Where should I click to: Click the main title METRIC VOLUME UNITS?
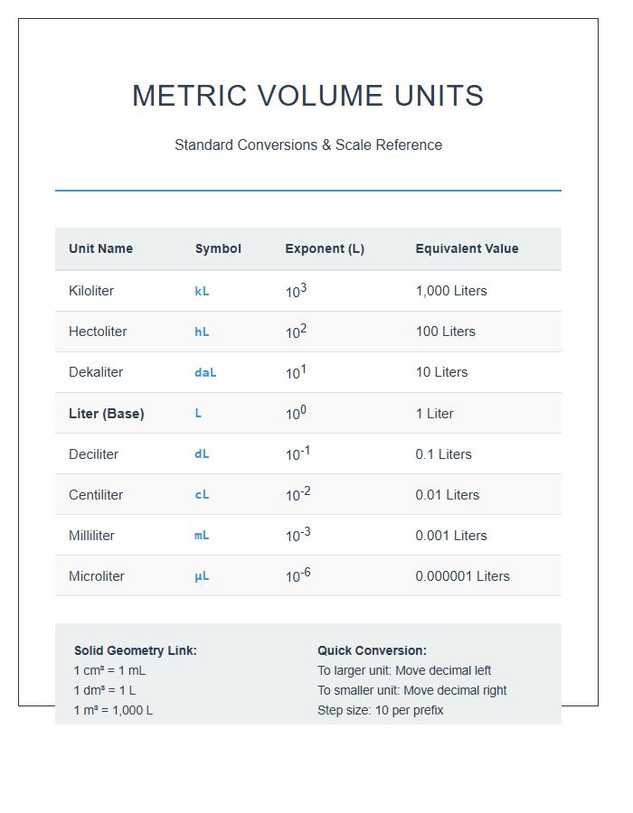pyautogui.click(x=307, y=96)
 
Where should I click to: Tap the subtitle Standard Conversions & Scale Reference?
pyautogui.click(x=307, y=145)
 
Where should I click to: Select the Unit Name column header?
pyautogui.click(x=100, y=248)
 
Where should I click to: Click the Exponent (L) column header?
pyautogui.click(x=325, y=248)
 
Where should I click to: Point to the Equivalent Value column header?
pyautogui.click(x=467, y=248)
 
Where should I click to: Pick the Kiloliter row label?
pyautogui.click(x=91, y=291)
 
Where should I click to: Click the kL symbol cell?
pyautogui.click(x=202, y=292)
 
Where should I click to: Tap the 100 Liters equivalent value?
pyautogui.click(x=445, y=332)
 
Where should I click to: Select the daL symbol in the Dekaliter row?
pyautogui.click(x=205, y=373)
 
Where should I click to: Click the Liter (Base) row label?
pyautogui.click(x=106, y=414)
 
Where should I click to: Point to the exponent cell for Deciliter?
pyautogui.click(x=298, y=453)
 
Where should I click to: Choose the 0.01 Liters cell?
pyautogui.click(x=447, y=495)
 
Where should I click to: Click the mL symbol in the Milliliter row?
pyautogui.click(x=202, y=536)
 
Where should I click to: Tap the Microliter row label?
pyautogui.click(x=97, y=576)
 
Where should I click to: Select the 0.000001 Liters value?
pyautogui.click(x=462, y=576)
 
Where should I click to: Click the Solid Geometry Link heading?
pyautogui.click(x=135, y=650)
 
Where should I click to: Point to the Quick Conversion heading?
pyautogui.click(x=372, y=650)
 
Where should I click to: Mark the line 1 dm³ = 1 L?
pyautogui.click(x=105, y=690)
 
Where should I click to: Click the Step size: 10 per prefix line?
pyautogui.click(x=380, y=710)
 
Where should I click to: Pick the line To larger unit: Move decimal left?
pyautogui.click(x=404, y=670)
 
